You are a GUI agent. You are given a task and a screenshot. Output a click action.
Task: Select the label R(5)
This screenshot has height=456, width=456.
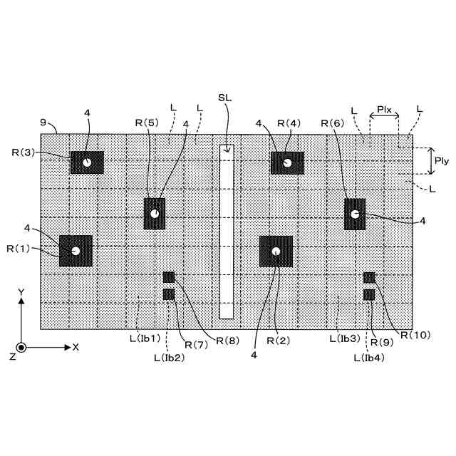click(x=147, y=123)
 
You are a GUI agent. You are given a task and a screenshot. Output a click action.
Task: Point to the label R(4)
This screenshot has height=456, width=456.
click(x=289, y=123)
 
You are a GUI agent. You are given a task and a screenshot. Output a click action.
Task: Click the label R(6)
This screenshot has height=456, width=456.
click(x=333, y=123)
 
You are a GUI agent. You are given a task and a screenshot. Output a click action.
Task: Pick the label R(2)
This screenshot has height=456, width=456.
click(x=279, y=341)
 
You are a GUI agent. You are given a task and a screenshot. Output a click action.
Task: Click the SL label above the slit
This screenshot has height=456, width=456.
click(x=224, y=97)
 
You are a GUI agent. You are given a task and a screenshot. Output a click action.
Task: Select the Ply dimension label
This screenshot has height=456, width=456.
click(x=441, y=161)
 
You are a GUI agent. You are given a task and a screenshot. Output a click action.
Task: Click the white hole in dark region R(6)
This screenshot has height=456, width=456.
click(x=354, y=214)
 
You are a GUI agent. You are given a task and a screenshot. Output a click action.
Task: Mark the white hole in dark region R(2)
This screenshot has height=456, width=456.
click(x=276, y=250)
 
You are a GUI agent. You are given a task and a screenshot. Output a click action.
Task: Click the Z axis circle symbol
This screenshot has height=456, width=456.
click(x=21, y=347)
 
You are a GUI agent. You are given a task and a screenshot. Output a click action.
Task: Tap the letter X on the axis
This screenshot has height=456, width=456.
click(x=76, y=347)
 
